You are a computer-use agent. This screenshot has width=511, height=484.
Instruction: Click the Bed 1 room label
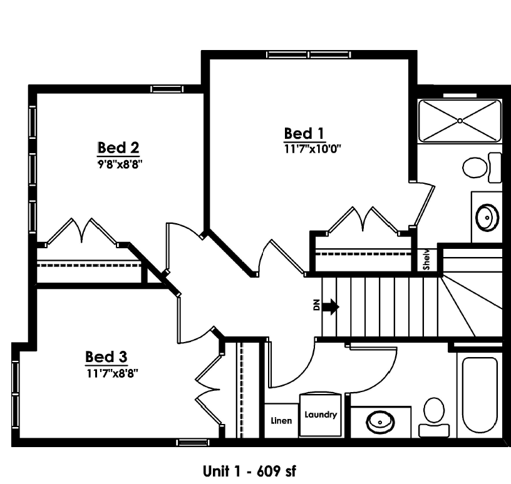click(304, 134)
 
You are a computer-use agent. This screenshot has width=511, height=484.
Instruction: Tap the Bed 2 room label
click(118, 148)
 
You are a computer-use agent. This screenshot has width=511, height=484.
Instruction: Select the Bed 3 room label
click(106, 356)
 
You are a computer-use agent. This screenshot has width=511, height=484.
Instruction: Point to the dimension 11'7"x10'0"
click(312, 149)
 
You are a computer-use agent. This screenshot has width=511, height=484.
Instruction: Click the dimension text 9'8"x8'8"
click(120, 164)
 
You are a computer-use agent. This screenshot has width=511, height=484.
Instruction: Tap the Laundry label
click(321, 415)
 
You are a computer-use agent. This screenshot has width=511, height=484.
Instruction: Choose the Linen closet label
click(281, 421)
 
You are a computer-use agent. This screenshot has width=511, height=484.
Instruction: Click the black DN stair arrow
click(331, 306)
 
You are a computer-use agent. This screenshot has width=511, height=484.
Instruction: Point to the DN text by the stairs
click(316, 305)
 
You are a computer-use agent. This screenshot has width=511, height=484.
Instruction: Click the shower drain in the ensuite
click(460, 121)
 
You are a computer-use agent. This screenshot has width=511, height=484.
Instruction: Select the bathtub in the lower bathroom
click(480, 395)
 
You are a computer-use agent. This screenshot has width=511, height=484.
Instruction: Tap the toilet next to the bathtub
click(434, 417)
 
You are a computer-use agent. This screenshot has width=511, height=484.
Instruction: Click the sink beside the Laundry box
click(380, 422)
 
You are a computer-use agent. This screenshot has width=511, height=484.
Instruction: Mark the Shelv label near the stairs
click(426, 260)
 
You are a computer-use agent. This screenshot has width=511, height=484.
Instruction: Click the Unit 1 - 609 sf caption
click(249, 471)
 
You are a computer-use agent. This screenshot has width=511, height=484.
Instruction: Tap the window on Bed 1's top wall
click(308, 54)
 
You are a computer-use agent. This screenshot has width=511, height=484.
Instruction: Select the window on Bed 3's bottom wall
click(193, 442)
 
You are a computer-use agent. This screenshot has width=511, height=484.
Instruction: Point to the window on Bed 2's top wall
click(167, 89)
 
